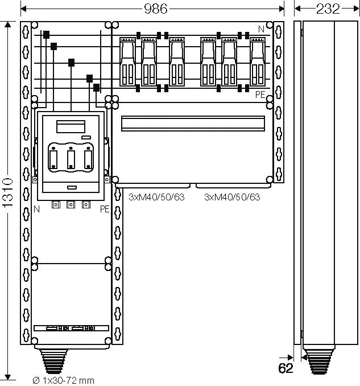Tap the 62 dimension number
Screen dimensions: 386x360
[285, 368]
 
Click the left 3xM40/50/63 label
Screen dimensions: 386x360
[156, 197]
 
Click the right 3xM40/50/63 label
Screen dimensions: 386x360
[231, 197]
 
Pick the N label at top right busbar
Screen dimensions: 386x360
[260, 29]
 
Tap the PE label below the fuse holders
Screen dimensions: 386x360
[260, 95]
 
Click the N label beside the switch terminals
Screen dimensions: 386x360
[36, 209]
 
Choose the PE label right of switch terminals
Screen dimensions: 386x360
[105, 209]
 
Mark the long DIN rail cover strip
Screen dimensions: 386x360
[193, 122]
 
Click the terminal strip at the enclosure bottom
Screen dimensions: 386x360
[71, 328]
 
